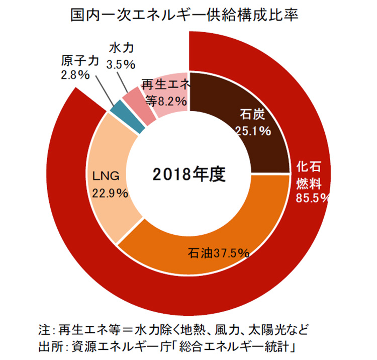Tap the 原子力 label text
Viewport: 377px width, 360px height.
(x=79, y=62)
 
